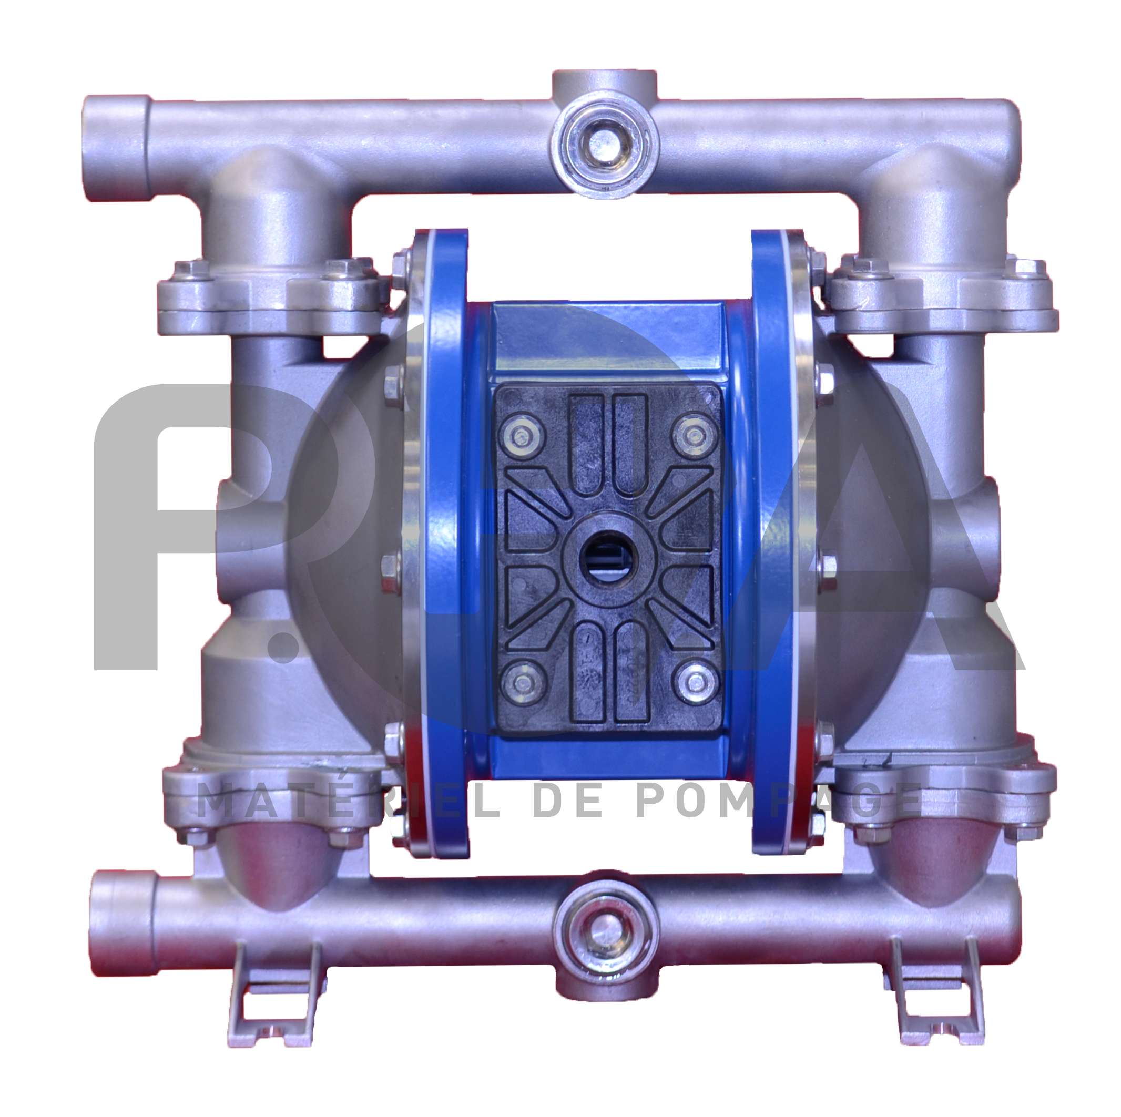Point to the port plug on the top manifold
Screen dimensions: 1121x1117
coord(604,142)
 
